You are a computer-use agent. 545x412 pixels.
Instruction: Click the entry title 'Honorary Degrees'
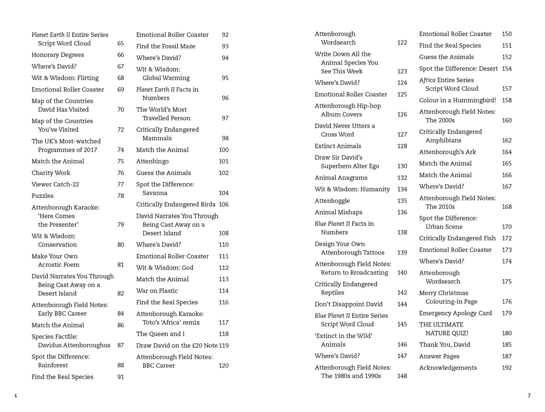click(57, 55)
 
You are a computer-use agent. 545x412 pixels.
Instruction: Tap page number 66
click(121, 55)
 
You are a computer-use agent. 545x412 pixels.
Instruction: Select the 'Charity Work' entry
click(51, 173)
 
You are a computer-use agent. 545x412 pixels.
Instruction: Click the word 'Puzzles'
click(43, 196)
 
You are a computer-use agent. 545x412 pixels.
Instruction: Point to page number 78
click(121, 196)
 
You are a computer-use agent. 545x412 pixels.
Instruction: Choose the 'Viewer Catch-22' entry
click(55, 184)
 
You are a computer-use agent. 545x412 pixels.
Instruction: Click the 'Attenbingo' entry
click(152, 161)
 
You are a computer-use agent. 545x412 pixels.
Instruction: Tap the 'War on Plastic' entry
click(157, 291)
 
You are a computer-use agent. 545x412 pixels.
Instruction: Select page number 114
click(223, 291)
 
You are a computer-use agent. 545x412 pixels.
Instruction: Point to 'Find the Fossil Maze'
click(166, 46)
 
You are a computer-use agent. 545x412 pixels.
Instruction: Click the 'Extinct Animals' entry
click(338, 146)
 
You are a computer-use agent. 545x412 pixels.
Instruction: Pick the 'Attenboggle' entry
click(332, 201)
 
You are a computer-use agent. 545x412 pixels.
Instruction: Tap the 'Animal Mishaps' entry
click(338, 212)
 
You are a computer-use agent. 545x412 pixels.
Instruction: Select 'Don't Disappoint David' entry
click(348, 304)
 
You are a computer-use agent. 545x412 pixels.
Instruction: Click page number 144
click(402, 304)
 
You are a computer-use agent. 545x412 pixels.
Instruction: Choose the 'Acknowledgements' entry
click(448, 368)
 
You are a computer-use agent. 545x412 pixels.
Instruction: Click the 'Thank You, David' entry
click(444, 344)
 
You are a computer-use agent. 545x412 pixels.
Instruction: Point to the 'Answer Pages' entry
click(439, 356)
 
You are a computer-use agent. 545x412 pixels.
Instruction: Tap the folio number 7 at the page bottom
click(529, 396)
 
